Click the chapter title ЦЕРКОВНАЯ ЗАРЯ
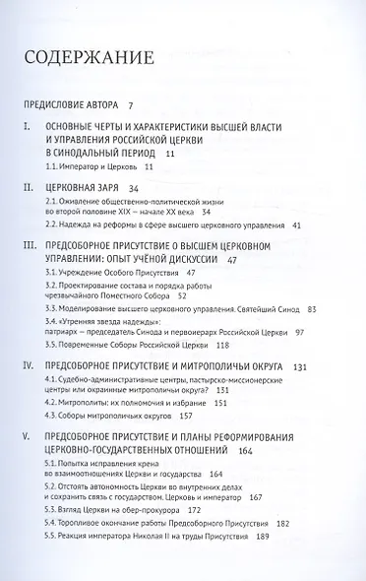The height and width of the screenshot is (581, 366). (x=85, y=186)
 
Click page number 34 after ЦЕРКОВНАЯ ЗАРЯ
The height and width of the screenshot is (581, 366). (x=137, y=186)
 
